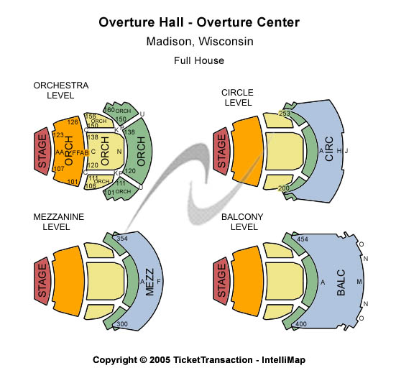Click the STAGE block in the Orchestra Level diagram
coord(42,152)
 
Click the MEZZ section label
coord(149,279)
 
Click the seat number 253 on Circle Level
coord(285,114)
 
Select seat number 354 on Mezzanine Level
coord(121,238)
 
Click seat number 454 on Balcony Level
coord(303,239)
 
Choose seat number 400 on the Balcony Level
coord(302,324)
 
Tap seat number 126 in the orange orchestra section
coord(72,121)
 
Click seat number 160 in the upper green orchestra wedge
coord(110,110)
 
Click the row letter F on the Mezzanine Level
coord(160,280)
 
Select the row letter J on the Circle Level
coord(347,151)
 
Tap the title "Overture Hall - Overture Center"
coord(199,23)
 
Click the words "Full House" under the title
coord(199,60)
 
